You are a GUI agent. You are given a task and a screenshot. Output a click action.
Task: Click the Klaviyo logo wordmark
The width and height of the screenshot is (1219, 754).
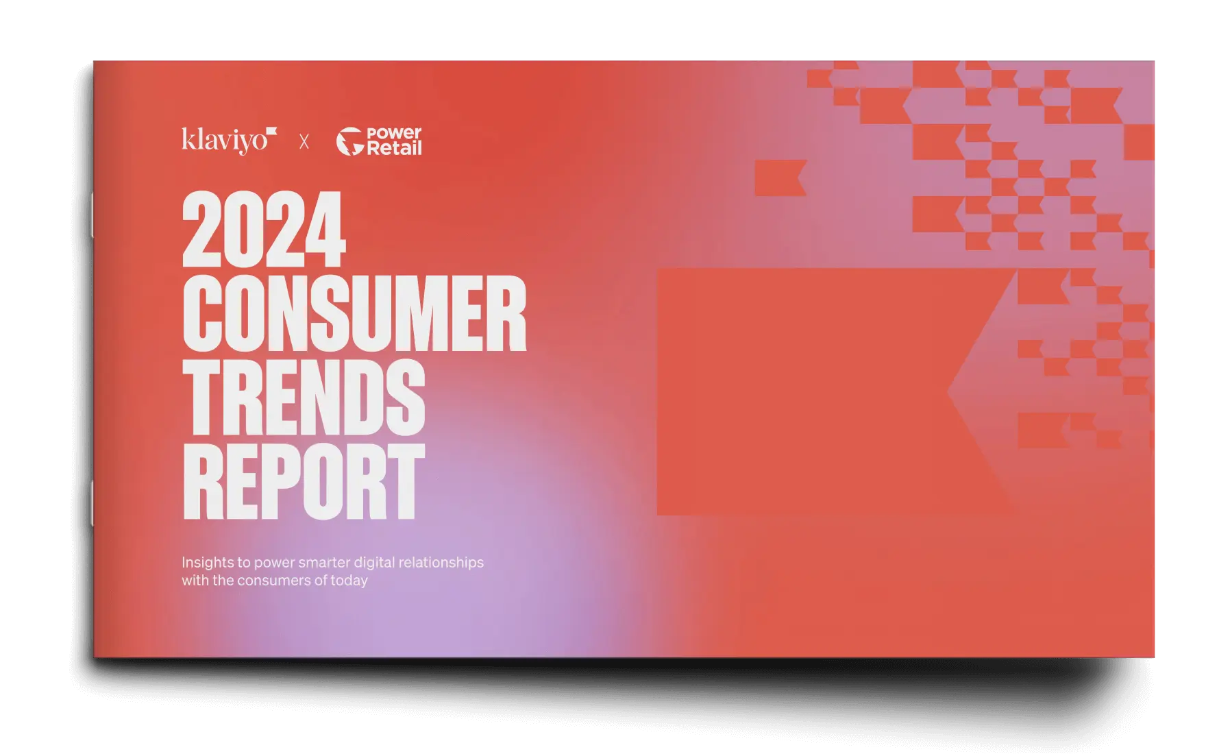(x=224, y=141)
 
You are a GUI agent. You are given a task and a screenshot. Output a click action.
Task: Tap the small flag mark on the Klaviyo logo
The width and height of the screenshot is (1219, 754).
(x=271, y=131)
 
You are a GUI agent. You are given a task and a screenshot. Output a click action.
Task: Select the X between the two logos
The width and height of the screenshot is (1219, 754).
(x=304, y=142)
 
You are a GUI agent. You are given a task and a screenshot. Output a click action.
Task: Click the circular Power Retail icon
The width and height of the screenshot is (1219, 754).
(x=349, y=142)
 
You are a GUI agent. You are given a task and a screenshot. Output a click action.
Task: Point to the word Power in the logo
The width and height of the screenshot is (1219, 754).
(x=394, y=134)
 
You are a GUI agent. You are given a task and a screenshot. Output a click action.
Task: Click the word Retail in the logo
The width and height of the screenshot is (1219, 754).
(x=394, y=148)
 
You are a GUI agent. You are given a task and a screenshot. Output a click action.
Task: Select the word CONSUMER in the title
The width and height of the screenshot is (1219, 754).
(x=354, y=315)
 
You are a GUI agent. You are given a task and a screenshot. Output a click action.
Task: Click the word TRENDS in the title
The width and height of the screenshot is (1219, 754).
(x=304, y=398)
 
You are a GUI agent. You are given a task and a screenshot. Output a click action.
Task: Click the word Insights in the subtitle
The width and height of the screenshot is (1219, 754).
(x=207, y=563)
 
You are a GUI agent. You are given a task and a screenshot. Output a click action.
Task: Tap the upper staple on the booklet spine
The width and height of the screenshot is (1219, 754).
(x=92, y=215)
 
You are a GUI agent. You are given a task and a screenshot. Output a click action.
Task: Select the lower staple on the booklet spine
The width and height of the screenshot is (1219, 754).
(x=92, y=503)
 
